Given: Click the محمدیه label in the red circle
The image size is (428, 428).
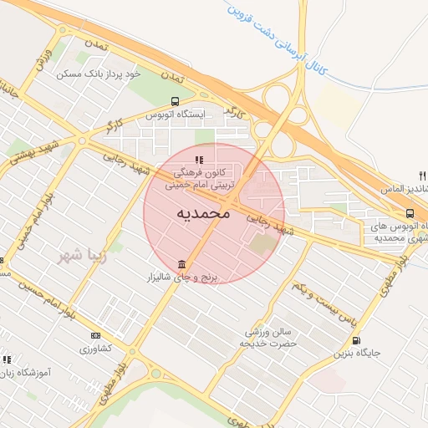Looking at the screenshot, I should pos(203,214).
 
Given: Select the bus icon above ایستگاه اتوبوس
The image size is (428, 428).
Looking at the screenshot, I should pos(174,101).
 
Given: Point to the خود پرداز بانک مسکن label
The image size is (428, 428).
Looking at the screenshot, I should pos(99,74).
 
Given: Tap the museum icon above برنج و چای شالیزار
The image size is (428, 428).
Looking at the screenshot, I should pos(181,265).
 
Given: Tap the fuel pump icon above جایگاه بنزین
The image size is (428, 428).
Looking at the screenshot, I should pos(357,340).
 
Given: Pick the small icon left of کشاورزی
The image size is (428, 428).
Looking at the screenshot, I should pos(94,335).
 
